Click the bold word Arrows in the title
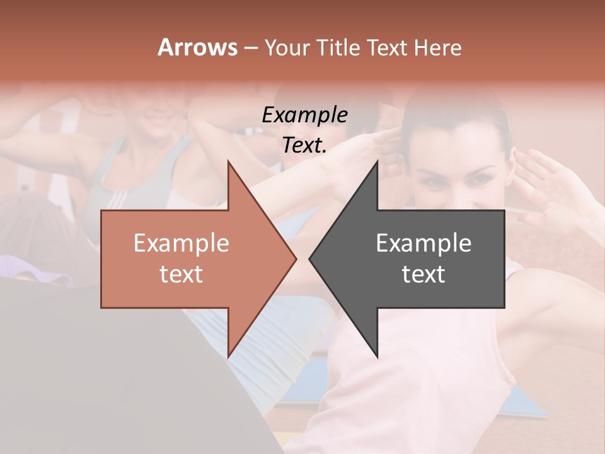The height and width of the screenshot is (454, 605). [198, 47]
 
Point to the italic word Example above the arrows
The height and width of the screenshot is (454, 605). [304, 115]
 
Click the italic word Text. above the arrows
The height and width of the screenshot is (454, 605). [304, 146]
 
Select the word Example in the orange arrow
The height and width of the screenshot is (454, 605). [181, 243]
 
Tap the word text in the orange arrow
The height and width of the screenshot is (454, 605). [181, 274]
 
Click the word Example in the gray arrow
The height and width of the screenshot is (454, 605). [423, 243]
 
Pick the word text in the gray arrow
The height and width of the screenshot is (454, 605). [423, 274]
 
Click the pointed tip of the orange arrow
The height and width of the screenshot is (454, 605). [295, 258]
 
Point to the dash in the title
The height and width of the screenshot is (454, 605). [251, 48]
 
